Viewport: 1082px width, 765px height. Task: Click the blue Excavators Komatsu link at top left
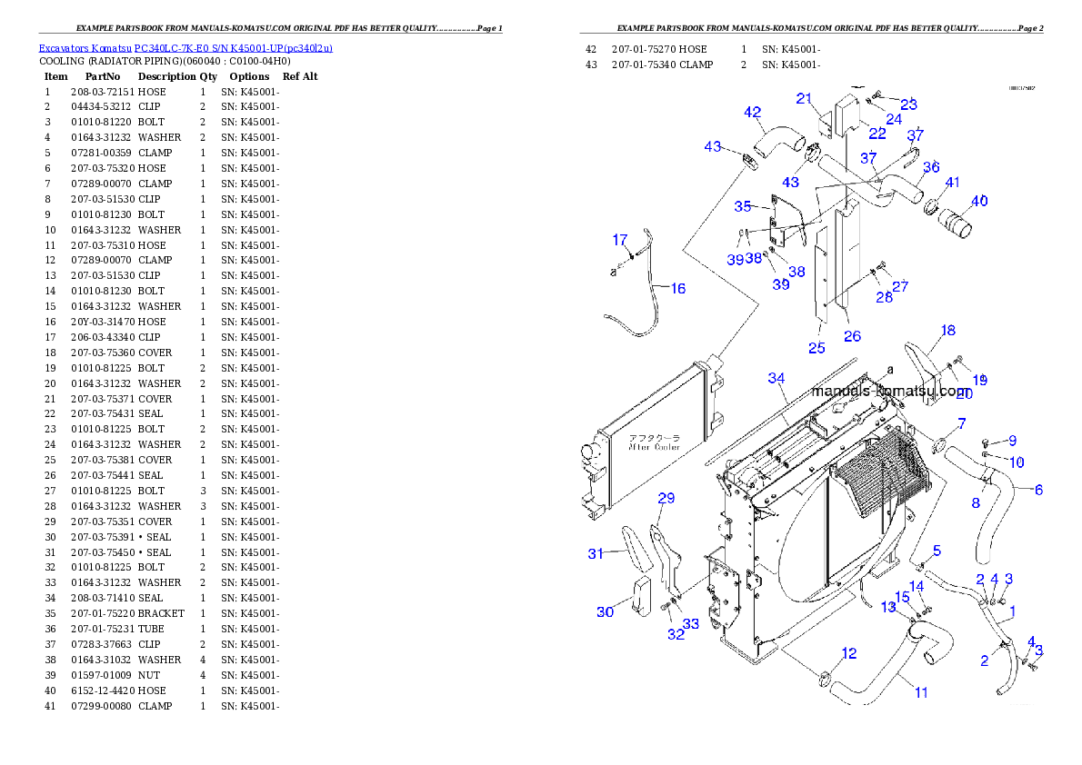click(x=185, y=48)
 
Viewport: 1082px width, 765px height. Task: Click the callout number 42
click(x=752, y=113)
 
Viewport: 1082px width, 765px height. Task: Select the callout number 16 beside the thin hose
click(x=677, y=289)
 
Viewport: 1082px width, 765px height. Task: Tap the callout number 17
click(x=620, y=241)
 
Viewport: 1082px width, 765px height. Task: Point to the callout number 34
click(x=776, y=378)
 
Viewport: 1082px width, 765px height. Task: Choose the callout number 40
click(x=979, y=202)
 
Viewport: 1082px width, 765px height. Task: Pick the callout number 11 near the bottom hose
click(x=921, y=692)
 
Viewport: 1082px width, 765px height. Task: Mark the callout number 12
click(x=848, y=653)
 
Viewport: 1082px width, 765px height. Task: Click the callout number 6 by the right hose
click(x=1037, y=490)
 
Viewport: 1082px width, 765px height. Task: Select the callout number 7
click(x=961, y=424)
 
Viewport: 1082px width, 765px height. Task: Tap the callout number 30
click(x=605, y=612)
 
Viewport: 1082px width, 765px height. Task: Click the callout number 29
click(x=666, y=498)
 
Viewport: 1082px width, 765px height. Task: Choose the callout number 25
click(x=817, y=348)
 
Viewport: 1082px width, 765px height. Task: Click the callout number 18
click(x=947, y=331)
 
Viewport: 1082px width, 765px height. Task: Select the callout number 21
click(x=804, y=98)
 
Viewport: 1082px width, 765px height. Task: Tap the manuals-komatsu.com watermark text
click(x=891, y=392)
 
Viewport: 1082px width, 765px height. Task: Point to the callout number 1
click(x=1013, y=612)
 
